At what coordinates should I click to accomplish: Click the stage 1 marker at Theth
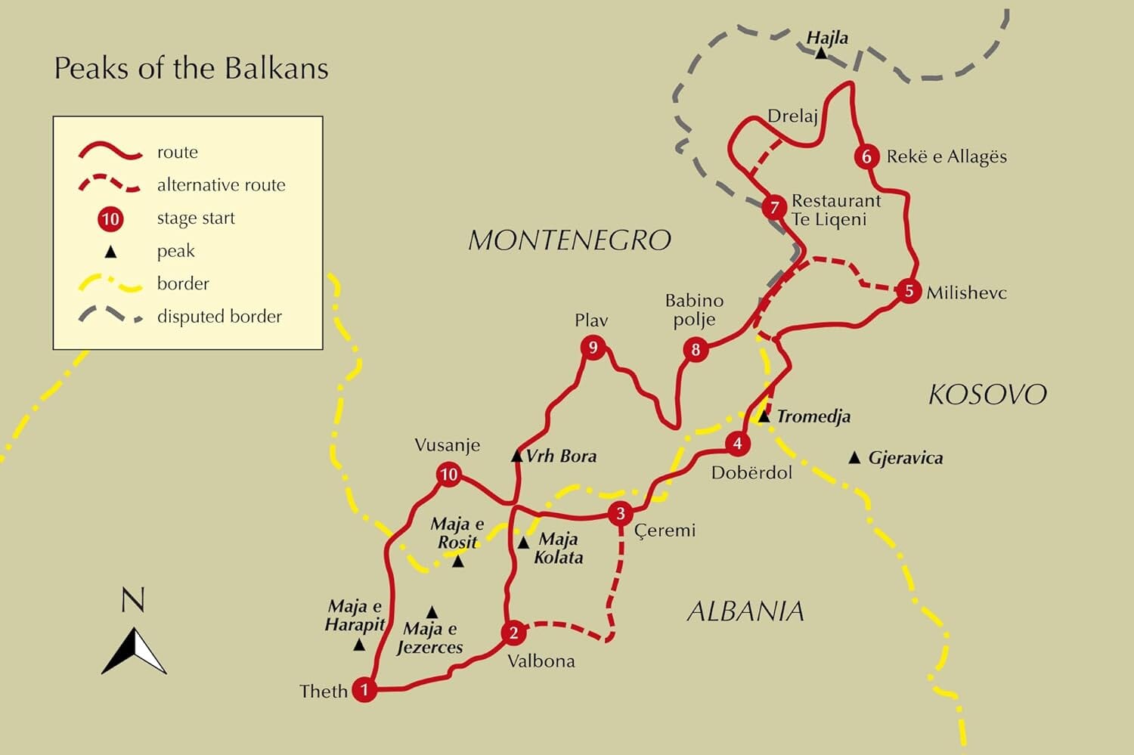click(x=364, y=689)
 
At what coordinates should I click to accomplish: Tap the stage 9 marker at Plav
click(x=593, y=348)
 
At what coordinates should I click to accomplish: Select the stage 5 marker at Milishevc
click(x=909, y=291)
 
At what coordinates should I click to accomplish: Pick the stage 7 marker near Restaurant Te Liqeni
click(x=774, y=207)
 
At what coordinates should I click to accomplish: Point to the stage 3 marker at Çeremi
click(x=621, y=514)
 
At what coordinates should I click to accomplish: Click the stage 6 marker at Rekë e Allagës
click(x=866, y=156)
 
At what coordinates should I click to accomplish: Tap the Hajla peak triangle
click(x=821, y=53)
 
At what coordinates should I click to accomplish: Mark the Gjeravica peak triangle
click(x=854, y=457)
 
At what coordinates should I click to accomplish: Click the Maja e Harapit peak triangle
click(x=360, y=645)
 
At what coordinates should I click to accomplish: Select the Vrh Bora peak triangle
click(x=517, y=456)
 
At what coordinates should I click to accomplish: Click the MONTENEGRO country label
click(x=569, y=240)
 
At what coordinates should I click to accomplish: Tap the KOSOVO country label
click(x=987, y=395)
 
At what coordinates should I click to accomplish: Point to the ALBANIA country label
click(x=745, y=611)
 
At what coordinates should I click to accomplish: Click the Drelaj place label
click(x=792, y=116)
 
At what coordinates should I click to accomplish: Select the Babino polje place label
click(x=694, y=310)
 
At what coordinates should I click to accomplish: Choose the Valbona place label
click(x=541, y=661)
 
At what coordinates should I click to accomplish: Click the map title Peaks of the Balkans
click(x=191, y=69)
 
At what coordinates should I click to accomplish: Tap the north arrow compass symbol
click(x=134, y=650)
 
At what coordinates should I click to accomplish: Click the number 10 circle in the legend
click(x=110, y=219)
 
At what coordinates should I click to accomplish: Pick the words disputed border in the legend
click(x=219, y=317)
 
